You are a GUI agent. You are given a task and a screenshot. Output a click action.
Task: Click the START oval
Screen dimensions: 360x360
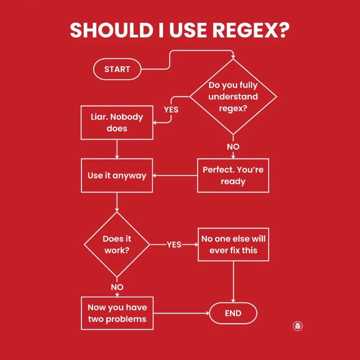[x=117, y=69]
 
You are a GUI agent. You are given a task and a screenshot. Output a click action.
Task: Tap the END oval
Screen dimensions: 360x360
[x=233, y=314]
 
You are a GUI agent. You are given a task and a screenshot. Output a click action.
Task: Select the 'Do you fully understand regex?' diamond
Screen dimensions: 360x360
[x=233, y=97]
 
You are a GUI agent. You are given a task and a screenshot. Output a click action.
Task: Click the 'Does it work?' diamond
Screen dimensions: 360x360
[x=117, y=245]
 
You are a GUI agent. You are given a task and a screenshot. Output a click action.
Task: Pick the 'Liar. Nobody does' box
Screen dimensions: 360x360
[x=117, y=122]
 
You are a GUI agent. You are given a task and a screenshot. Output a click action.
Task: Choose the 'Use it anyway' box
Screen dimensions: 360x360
[x=117, y=175]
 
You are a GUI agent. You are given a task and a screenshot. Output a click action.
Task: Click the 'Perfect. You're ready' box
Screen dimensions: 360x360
[x=233, y=175]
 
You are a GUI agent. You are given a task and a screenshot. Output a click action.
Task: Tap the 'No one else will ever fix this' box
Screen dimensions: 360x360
[x=233, y=244]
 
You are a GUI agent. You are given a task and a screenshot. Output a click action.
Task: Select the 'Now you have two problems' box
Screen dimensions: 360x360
[x=117, y=313]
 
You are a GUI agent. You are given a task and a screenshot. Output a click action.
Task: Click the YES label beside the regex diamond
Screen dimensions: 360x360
[x=171, y=109]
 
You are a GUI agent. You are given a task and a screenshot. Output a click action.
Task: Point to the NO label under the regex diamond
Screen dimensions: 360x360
[x=233, y=147]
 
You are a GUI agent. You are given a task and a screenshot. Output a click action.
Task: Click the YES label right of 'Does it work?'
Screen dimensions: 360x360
[x=174, y=244]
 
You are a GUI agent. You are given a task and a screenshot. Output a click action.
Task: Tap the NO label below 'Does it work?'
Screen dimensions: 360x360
[x=117, y=287]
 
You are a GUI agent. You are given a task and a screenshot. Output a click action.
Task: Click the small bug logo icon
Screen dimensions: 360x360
[x=297, y=326]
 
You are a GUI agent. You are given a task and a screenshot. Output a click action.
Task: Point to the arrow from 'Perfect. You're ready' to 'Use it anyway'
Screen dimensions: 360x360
[x=175, y=175]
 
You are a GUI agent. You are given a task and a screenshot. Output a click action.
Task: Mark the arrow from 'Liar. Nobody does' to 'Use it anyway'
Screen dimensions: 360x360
[x=117, y=148]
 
